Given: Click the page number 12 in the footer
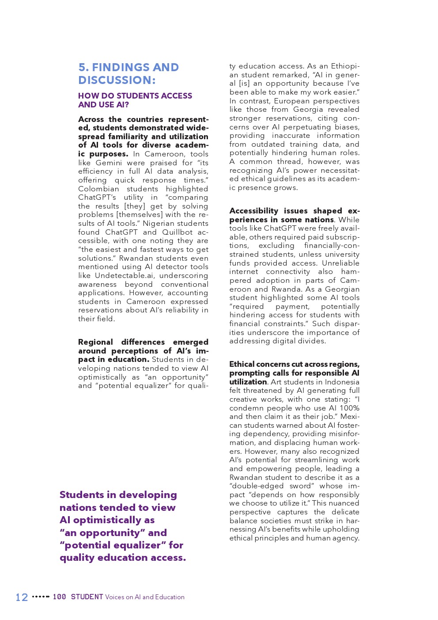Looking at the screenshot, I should pyautogui.click(x=22, y=597).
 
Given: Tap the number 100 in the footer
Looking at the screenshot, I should pyautogui.click(x=59, y=597).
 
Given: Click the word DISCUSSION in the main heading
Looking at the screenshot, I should pyautogui.click(x=115, y=80).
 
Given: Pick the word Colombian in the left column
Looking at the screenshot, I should pyautogui.click(x=98, y=189).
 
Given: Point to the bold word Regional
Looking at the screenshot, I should pyautogui.click(x=95, y=342).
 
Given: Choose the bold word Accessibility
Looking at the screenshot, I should pyautogui.click(x=253, y=211).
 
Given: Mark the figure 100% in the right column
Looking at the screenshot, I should pyautogui.click(x=350, y=408).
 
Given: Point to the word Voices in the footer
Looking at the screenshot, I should pyautogui.click(x=114, y=597).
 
